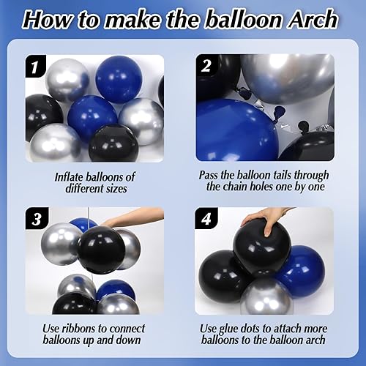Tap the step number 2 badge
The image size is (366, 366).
pyautogui.click(x=207, y=66)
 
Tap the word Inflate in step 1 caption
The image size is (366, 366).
pyautogui.click(x=72, y=176)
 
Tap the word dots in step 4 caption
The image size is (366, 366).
pyautogui.click(x=264, y=327)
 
